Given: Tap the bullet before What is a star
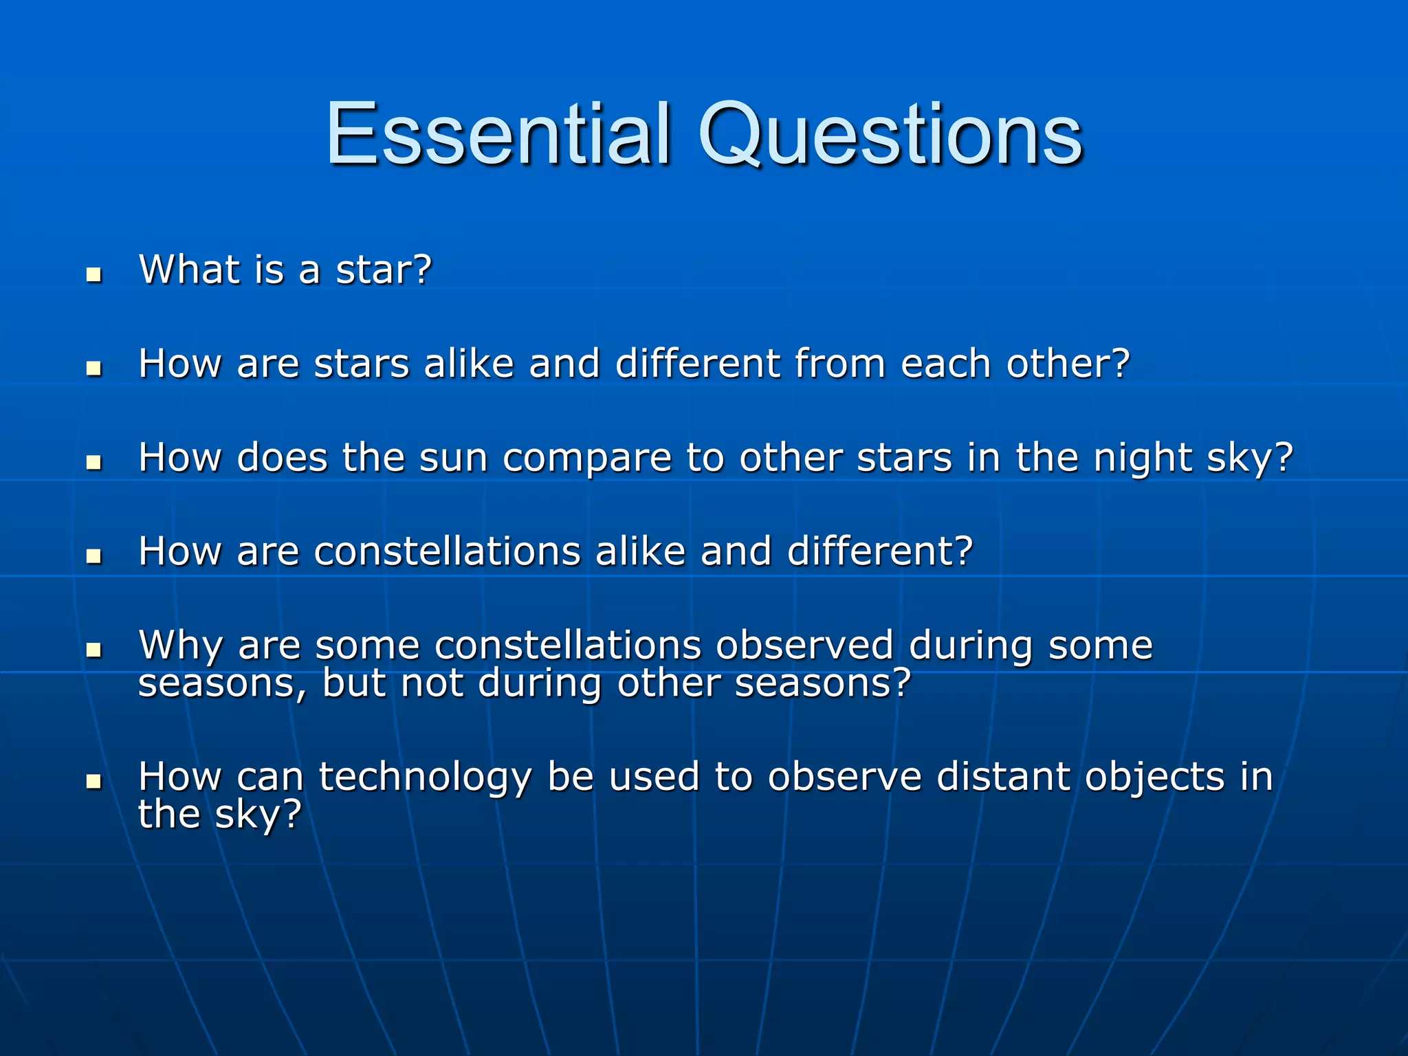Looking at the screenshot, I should pos(94,275).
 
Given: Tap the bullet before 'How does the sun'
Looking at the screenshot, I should pos(94,463).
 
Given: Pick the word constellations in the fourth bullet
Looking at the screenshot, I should pos(447,551).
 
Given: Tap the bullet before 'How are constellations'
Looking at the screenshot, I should pos(94,556).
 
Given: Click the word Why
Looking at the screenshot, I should pos(181,646).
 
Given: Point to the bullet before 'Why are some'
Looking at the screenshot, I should pos(94,650).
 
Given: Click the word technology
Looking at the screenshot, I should pos(425,778).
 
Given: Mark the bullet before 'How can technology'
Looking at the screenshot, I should pos(94,782).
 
